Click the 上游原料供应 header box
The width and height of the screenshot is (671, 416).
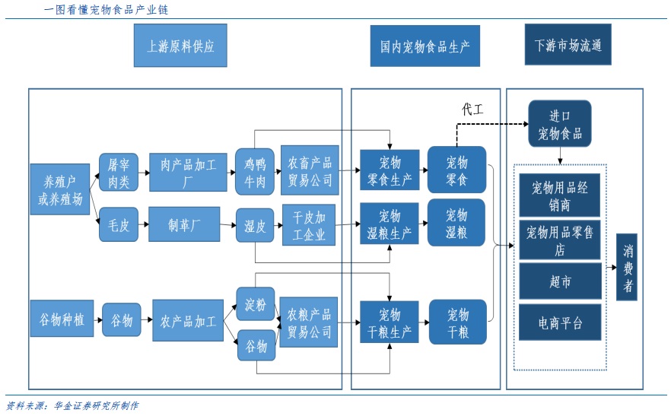181,46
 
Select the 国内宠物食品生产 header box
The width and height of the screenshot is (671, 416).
425,46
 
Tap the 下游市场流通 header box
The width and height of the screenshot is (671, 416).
568,45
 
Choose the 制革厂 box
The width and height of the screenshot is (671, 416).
184,224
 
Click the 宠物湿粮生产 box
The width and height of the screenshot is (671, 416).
390,224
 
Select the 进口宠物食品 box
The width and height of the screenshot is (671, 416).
560,125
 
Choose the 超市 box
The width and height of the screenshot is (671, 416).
560,281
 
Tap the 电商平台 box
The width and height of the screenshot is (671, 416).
560,322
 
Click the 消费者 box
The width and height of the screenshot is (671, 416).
628,267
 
